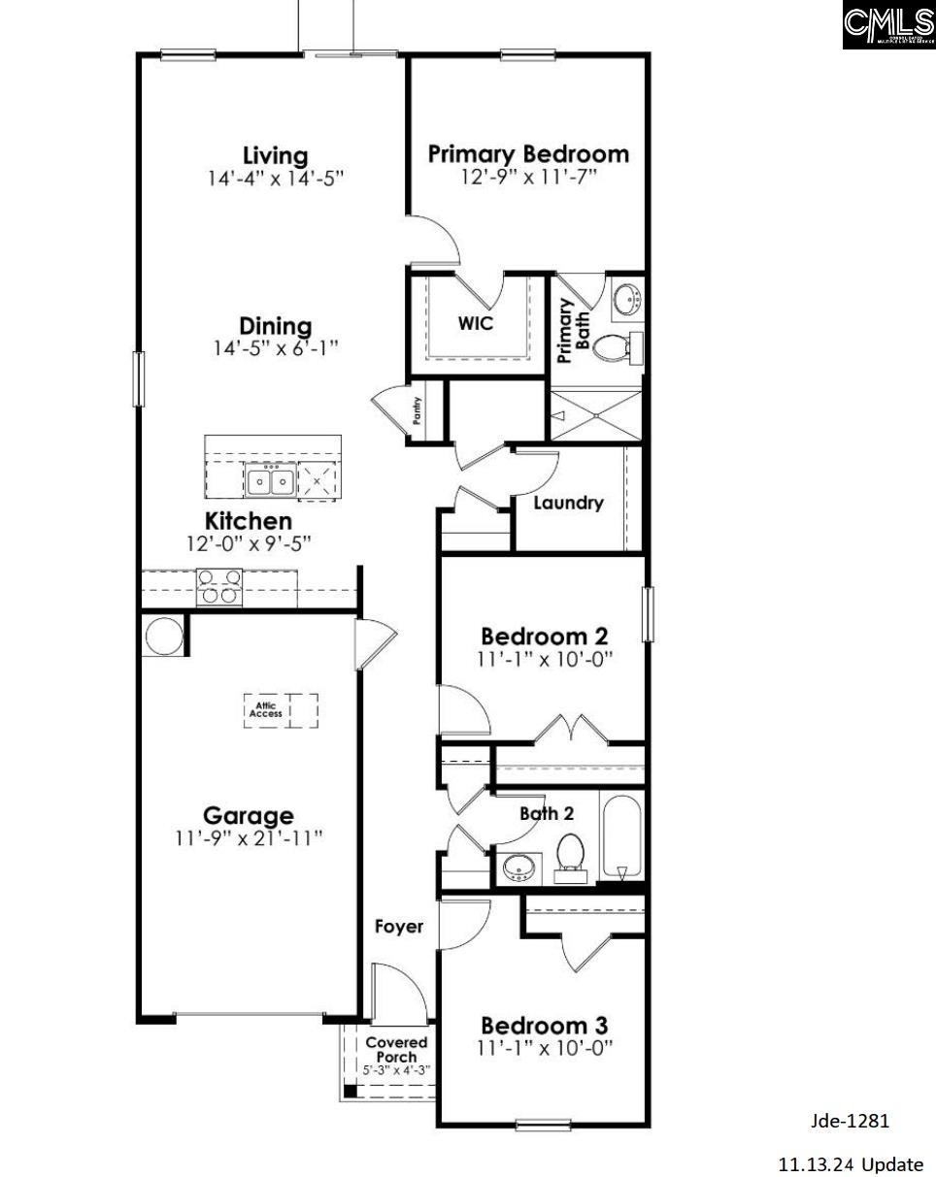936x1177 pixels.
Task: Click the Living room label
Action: [275, 155]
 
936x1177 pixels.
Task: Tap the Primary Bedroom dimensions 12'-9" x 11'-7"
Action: [528, 177]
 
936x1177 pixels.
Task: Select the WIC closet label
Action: [476, 323]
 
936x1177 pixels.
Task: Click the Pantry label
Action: [418, 412]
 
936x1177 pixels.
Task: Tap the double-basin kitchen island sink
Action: [270, 480]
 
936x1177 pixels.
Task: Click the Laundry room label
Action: [568, 503]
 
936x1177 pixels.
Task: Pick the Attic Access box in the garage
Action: [266, 710]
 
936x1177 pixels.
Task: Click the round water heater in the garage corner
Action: [161, 637]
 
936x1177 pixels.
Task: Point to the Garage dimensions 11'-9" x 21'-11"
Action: [249, 839]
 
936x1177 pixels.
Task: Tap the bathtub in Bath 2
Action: [621, 837]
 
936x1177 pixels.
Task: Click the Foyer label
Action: [399, 927]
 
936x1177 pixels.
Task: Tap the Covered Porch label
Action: [396, 1049]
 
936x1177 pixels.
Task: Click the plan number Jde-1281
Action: [850, 1121]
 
